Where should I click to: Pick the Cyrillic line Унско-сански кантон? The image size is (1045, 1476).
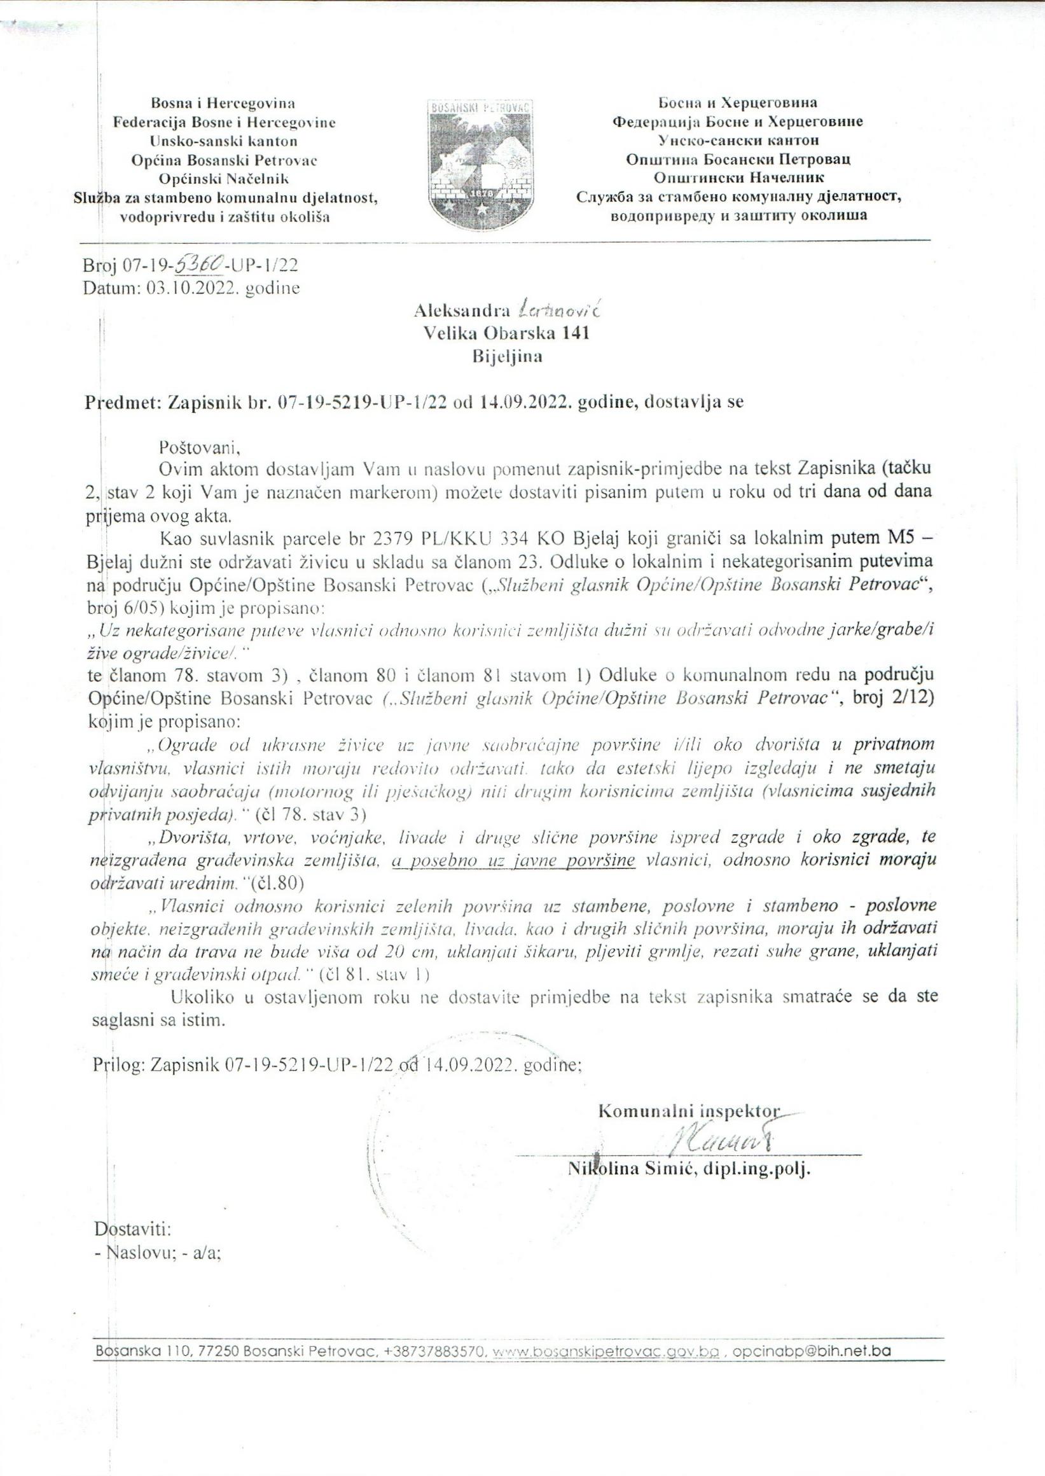point(738,140)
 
